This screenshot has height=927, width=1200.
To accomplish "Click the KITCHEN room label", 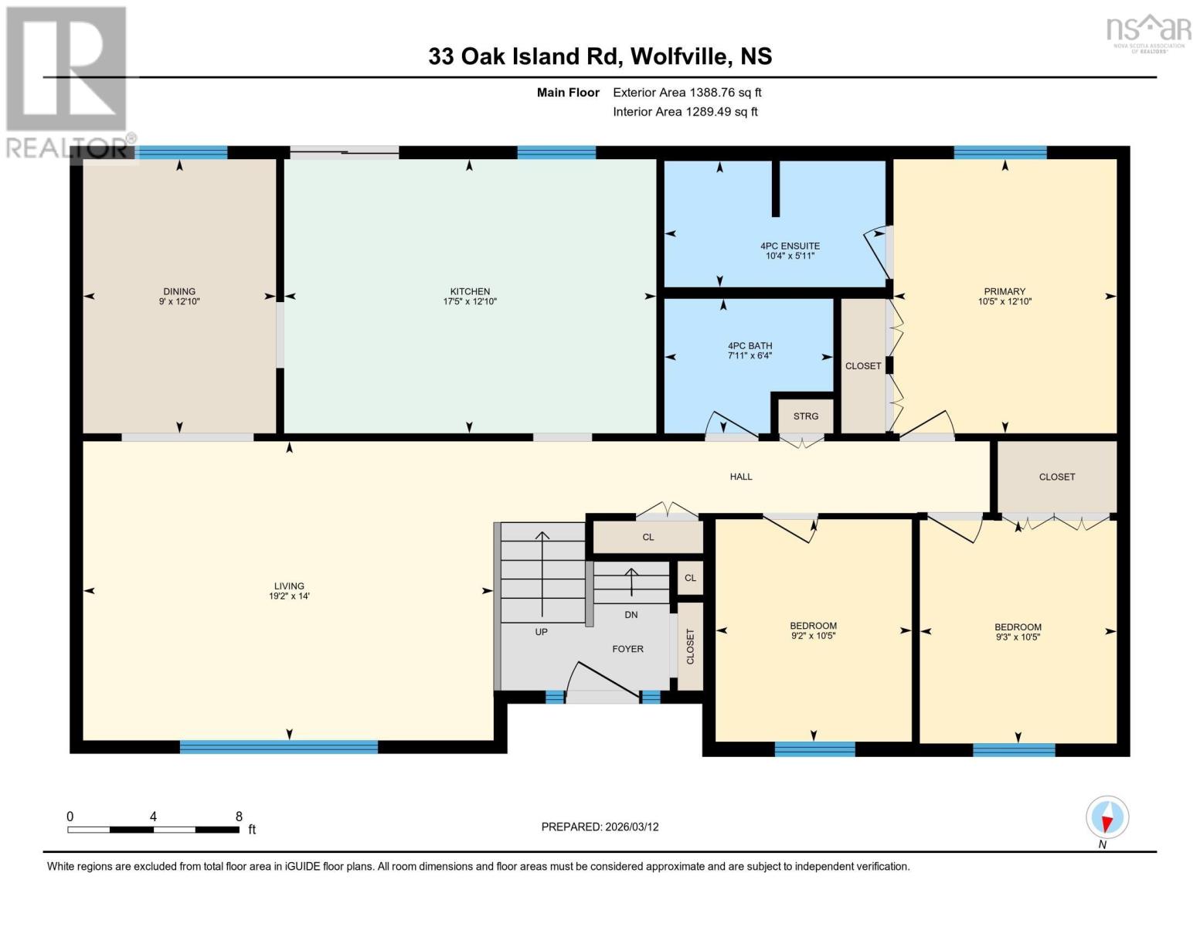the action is (x=469, y=291).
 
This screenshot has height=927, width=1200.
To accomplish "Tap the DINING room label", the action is (x=179, y=291).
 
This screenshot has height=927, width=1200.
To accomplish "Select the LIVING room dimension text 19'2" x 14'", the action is (x=289, y=596).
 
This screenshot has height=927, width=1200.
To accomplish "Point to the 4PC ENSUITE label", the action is (x=790, y=246).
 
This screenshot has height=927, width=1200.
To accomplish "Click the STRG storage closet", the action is (x=806, y=416).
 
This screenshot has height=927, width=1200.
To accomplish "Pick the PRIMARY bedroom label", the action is (x=1005, y=291).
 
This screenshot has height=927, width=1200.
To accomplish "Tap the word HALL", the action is (x=740, y=477).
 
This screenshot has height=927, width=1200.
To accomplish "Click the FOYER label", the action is (x=627, y=649).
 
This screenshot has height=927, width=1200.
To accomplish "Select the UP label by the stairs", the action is (x=541, y=632).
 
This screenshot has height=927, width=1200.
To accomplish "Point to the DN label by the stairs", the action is (x=631, y=614).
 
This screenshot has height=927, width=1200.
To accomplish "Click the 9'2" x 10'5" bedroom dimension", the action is (x=813, y=636).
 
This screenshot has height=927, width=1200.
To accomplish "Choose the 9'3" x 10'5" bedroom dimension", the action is (x=1018, y=637).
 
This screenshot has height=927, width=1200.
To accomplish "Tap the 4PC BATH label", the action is (x=750, y=345).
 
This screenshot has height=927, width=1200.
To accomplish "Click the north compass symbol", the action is (x=1107, y=817).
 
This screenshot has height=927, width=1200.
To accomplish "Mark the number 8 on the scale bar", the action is (x=239, y=816).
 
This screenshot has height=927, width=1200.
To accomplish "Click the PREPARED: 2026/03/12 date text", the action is (x=600, y=827).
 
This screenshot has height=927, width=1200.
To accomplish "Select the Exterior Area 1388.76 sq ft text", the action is (x=687, y=92).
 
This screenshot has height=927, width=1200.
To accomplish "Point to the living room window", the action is (x=279, y=746).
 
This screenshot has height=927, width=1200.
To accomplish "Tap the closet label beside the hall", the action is (x=1056, y=477).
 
